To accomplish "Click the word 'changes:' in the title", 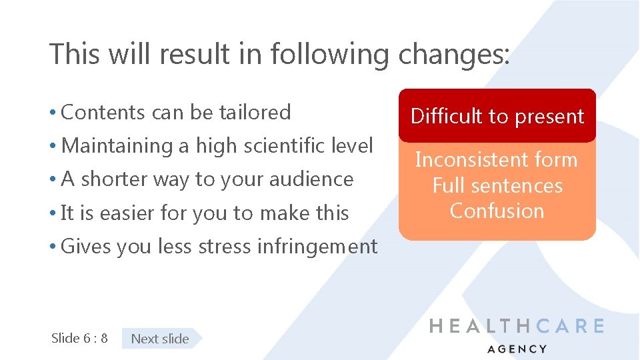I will (x=454, y=54).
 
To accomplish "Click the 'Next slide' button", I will (x=160, y=339).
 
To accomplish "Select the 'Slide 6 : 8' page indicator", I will (x=79, y=338).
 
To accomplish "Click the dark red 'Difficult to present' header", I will (x=497, y=116).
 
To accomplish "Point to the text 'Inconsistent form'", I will (x=497, y=160).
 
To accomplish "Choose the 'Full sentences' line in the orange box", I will (x=497, y=185).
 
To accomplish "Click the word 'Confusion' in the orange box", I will (x=497, y=211).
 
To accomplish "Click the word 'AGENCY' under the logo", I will (x=517, y=349).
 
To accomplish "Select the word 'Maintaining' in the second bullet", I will (x=116, y=145).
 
